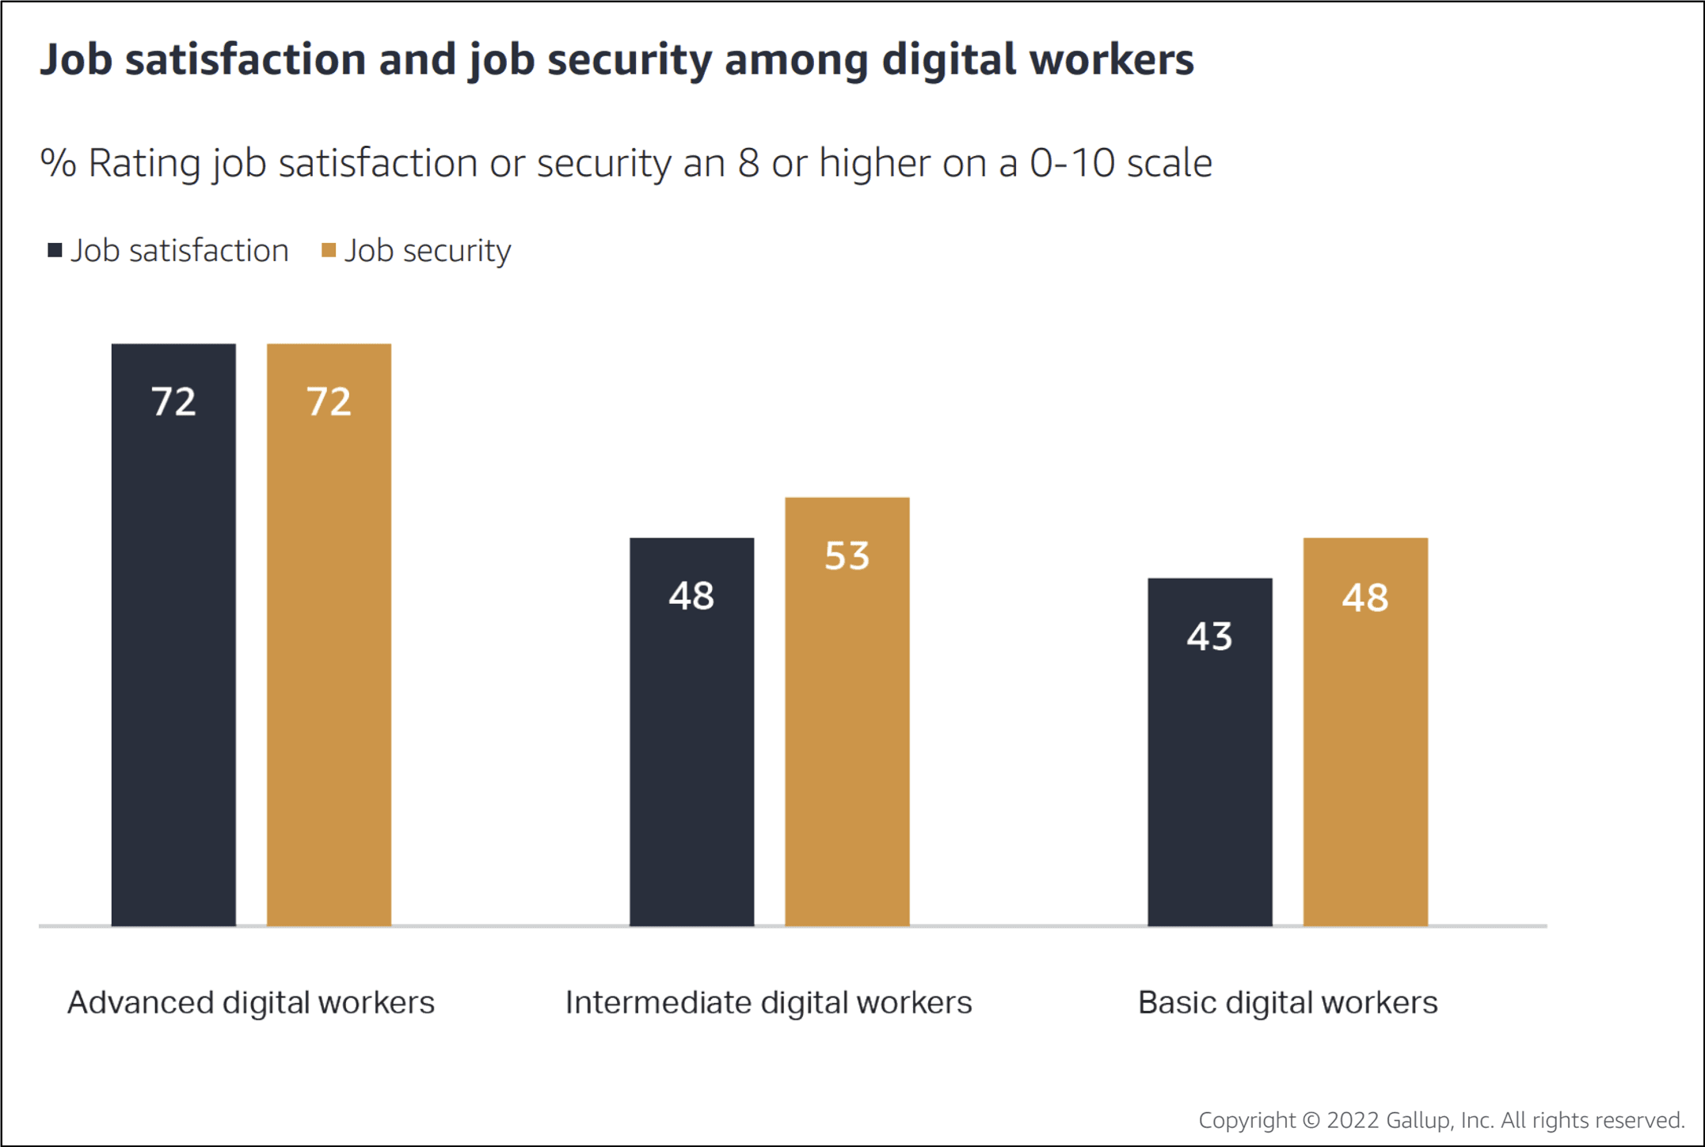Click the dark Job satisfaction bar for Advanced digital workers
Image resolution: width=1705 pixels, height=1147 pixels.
[x=173, y=633]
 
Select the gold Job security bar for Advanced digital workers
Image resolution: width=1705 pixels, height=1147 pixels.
[x=329, y=633]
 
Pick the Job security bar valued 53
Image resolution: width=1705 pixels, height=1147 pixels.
[x=847, y=712]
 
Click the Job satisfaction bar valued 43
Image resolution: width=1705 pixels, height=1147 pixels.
[x=1209, y=752]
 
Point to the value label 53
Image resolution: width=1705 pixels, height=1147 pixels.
[x=847, y=556]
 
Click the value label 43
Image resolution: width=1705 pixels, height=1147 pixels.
[x=1209, y=636]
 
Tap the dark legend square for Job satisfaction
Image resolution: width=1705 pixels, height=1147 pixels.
[x=55, y=251]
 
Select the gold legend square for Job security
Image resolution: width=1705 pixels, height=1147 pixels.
[x=329, y=251]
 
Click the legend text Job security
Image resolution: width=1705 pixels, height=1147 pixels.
[x=428, y=251]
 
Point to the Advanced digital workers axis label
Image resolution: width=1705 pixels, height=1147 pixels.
[x=251, y=1003]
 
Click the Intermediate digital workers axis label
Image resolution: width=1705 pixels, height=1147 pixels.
[x=768, y=1003]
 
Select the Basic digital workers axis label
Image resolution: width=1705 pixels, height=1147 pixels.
[x=1288, y=1003]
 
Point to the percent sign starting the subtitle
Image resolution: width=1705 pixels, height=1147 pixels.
[x=58, y=163]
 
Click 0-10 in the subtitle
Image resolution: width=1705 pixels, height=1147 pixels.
[x=1072, y=163]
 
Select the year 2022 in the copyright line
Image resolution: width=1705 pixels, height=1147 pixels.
[x=1353, y=1120]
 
